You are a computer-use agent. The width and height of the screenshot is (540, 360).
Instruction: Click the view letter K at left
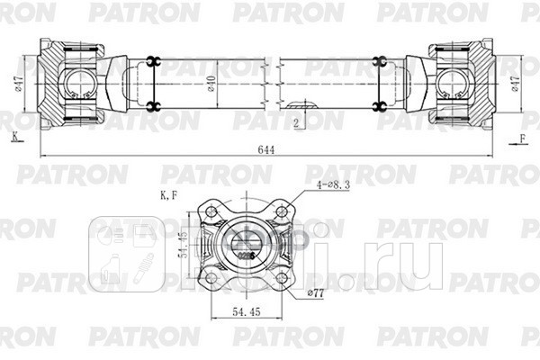pos(14,136)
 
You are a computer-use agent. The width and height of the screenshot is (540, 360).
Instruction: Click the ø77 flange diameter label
pos(315,292)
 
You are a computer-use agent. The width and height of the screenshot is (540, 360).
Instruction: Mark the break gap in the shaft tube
pos(274,85)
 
